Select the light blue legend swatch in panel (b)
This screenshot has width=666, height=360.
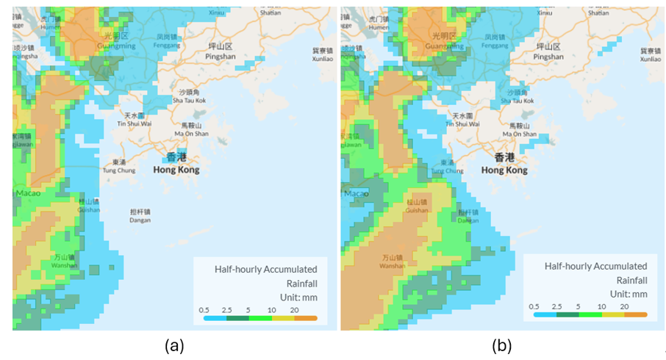(x=545, y=314)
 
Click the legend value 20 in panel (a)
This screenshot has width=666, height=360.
(x=294, y=309)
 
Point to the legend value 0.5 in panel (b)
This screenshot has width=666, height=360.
(x=534, y=306)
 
